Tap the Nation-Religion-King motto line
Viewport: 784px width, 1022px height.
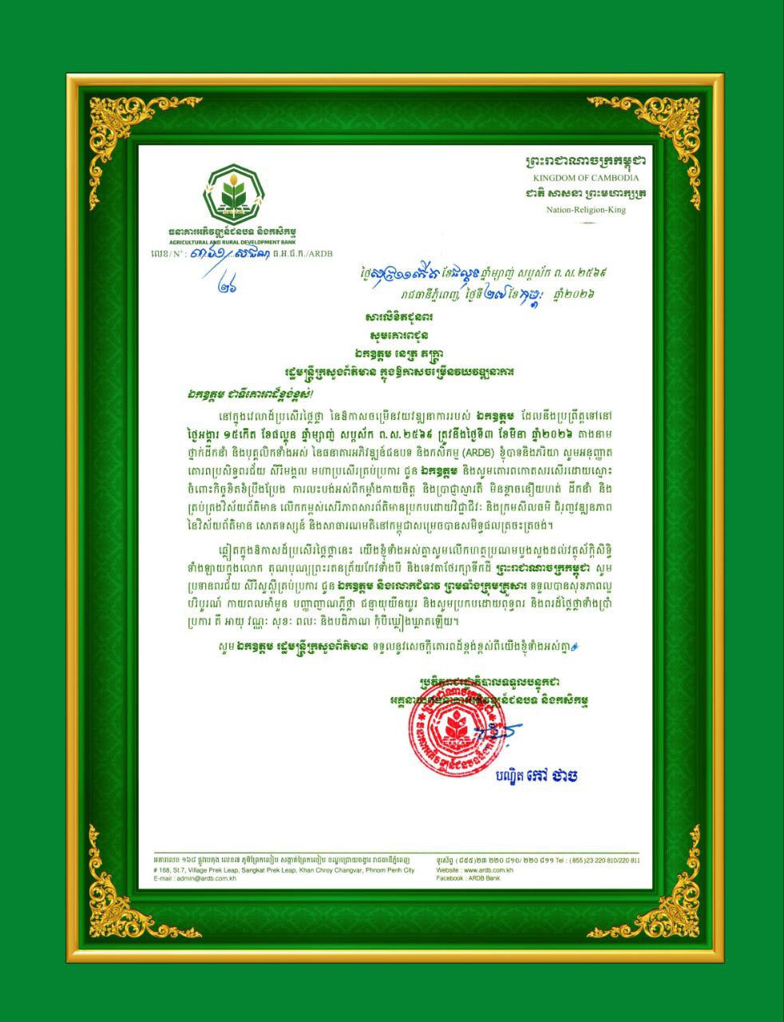point(586,210)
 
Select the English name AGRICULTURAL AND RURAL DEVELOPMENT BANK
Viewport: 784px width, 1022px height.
point(232,240)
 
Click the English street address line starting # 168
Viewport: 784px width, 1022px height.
point(283,869)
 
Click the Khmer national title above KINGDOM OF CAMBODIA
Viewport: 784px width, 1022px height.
point(586,160)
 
